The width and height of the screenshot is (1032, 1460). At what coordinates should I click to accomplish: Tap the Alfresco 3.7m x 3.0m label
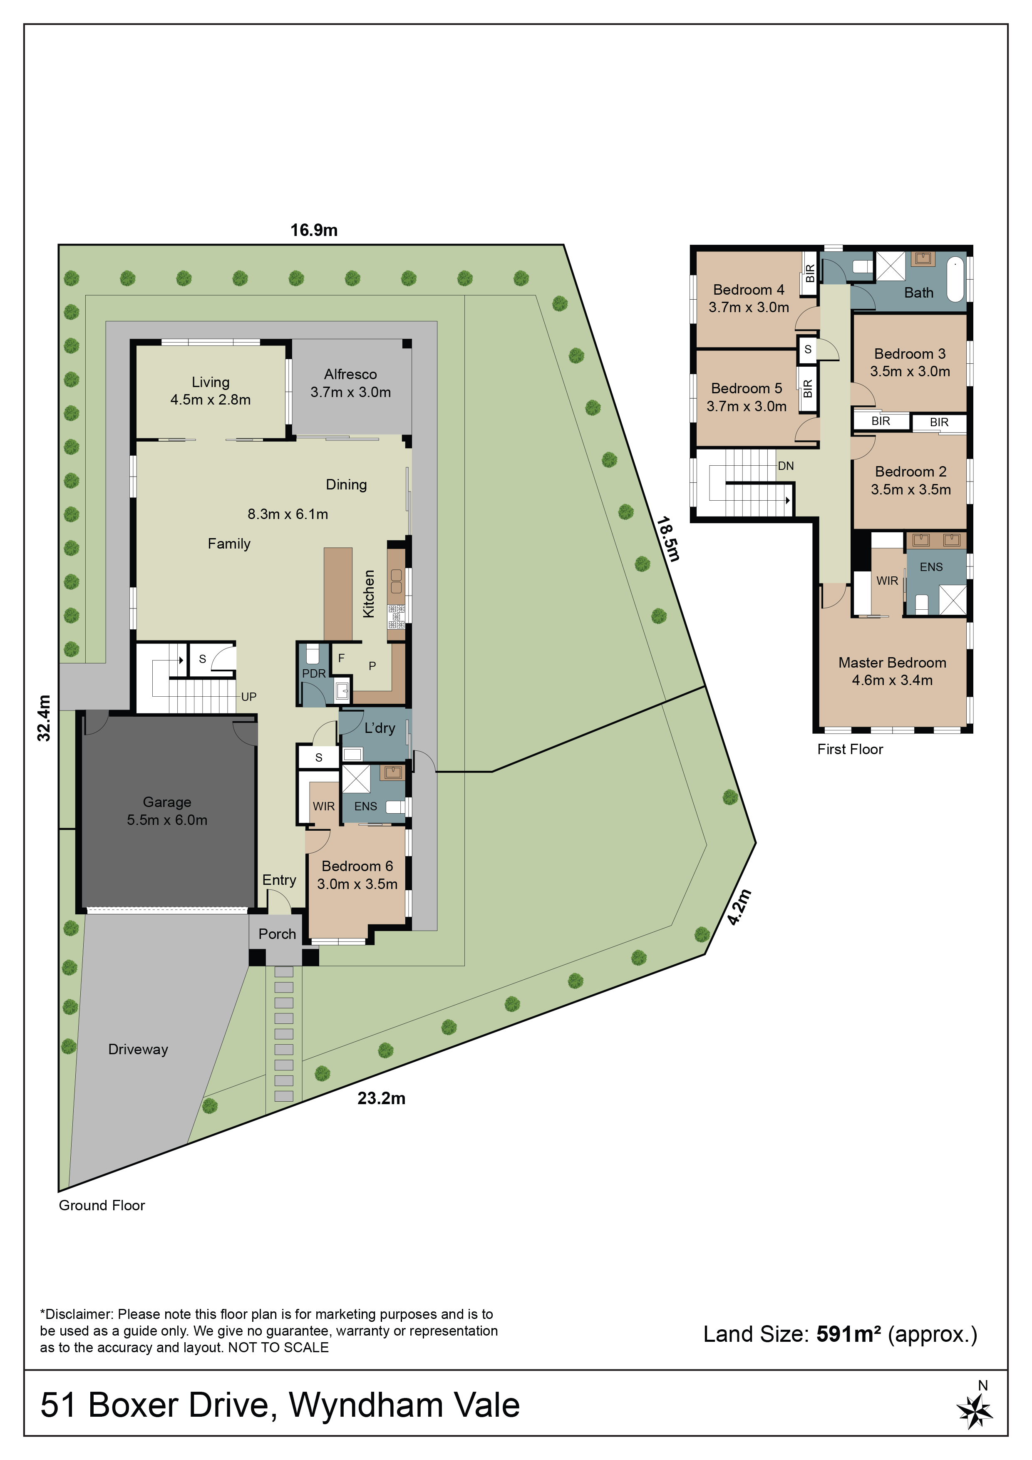coord(350,383)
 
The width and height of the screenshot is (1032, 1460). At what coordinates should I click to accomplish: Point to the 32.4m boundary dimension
coord(43,718)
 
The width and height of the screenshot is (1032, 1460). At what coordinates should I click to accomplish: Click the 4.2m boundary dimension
coord(739,907)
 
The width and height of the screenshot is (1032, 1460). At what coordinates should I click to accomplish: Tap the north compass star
coord(975,1410)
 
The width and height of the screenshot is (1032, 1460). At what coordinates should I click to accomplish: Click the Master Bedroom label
coord(892,671)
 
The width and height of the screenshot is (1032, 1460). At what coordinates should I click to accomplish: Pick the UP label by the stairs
coord(248,697)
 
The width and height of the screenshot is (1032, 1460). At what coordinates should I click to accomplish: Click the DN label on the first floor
coord(786,466)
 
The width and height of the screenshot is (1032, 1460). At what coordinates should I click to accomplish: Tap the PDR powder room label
coord(313,673)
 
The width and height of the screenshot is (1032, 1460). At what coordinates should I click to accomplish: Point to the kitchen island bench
coord(337,594)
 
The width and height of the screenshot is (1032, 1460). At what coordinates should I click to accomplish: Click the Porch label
coord(277,934)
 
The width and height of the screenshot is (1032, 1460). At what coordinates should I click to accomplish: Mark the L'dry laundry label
coord(380,728)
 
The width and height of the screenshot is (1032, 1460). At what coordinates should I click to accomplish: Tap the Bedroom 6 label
coord(357,875)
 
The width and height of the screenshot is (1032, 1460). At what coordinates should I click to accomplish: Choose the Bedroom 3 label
coord(910,363)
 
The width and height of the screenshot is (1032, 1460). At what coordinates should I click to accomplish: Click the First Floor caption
coord(850,749)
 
